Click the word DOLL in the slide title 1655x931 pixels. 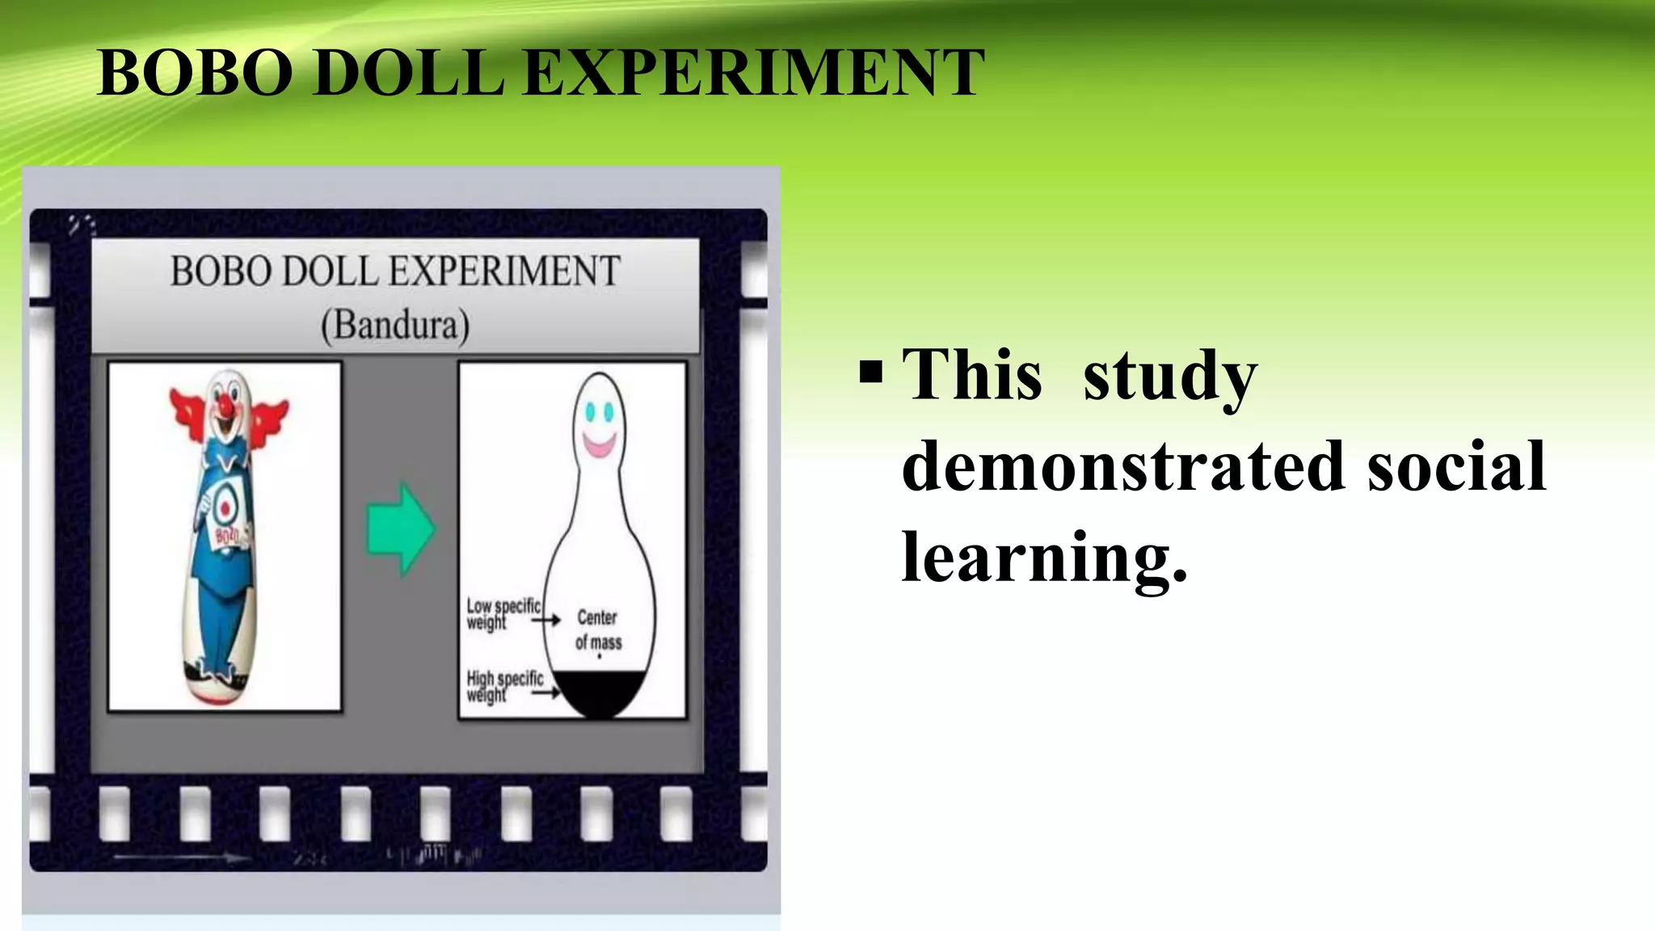click(408, 73)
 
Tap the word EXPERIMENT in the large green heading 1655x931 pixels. click(754, 73)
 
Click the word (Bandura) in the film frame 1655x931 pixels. click(395, 326)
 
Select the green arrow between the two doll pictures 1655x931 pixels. click(401, 529)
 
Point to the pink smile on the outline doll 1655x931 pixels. click(599, 444)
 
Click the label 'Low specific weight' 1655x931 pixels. click(502, 613)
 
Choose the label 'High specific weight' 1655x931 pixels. click(503, 686)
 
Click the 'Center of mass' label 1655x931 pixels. click(598, 630)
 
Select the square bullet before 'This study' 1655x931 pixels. click(871, 373)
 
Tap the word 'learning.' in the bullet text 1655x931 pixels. click(1043, 558)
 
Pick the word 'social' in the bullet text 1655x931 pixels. click(1456, 466)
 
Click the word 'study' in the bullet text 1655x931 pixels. click(1169, 376)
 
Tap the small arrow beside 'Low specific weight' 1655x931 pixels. click(546, 620)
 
